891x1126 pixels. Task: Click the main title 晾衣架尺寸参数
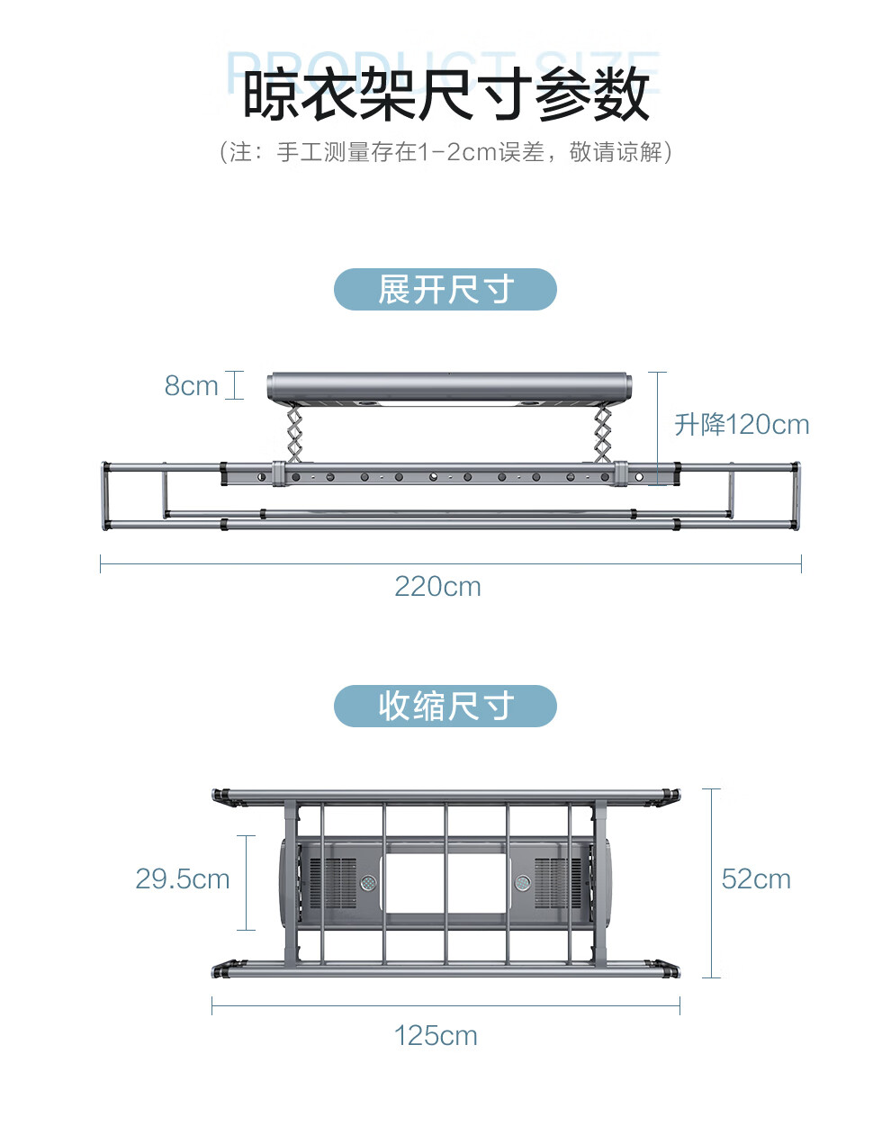pyautogui.click(x=445, y=95)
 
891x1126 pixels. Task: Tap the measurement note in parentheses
pyautogui.click(x=445, y=152)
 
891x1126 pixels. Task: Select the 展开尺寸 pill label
pyautogui.click(x=445, y=290)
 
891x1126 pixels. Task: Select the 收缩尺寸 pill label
pyautogui.click(x=445, y=707)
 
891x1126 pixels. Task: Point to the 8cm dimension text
pyautogui.click(x=191, y=386)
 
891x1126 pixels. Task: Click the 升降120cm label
pyautogui.click(x=742, y=425)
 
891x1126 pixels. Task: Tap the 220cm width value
pyautogui.click(x=437, y=587)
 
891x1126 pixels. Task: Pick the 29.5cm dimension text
pyautogui.click(x=183, y=879)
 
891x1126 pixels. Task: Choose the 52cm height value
pyautogui.click(x=756, y=879)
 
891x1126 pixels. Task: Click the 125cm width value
pyautogui.click(x=436, y=1036)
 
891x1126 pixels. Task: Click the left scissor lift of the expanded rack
pyautogui.click(x=294, y=435)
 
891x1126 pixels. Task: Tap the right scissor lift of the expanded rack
pyautogui.click(x=602, y=435)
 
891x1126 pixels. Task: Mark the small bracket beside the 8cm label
pyautogui.click(x=235, y=385)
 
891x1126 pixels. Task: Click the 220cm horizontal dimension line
pyautogui.click(x=450, y=564)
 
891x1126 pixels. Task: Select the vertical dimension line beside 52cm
pyautogui.click(x=711, y=883)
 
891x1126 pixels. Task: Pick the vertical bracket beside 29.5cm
pyautogui.click(x=246, y=882)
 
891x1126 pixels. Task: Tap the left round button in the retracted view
pyautogui.click(x=369, y=883)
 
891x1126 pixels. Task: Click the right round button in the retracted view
pyautogui.click(x=523, y=883)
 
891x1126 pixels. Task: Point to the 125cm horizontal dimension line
pyautogui.click(x=445, y=1005)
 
